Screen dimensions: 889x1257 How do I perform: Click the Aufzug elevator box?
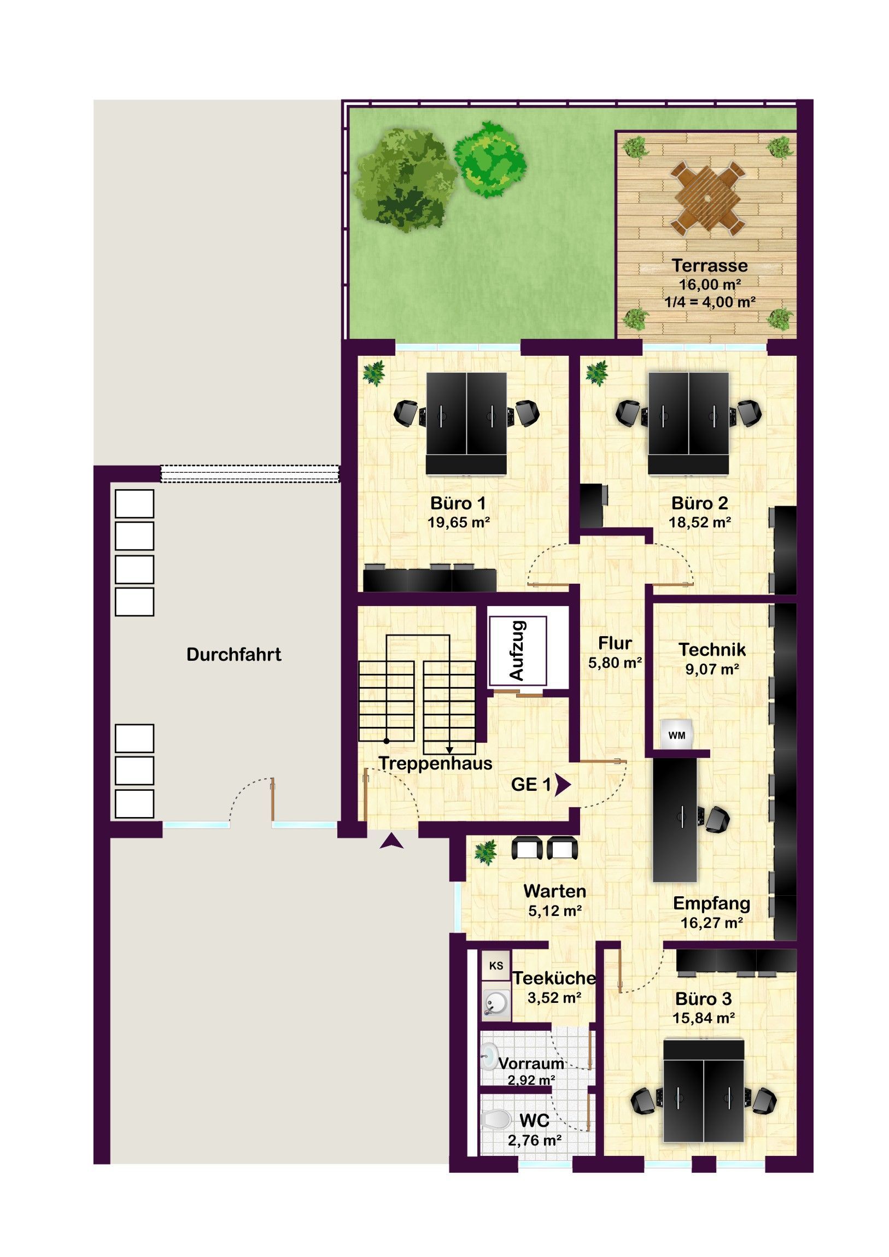coord(518,650)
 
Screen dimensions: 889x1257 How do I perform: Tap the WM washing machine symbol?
coord(676,735)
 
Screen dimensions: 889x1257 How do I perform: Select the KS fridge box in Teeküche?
coord(496,966)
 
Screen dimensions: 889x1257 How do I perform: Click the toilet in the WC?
coord(496,1120)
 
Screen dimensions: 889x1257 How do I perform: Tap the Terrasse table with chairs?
coord(707,198)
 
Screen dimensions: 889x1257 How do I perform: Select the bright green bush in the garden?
coord(490,160)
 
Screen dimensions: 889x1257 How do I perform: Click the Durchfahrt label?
coord(234,654)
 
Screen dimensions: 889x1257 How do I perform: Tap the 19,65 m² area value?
coord(459,522)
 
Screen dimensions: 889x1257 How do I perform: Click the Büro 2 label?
coord(699,503)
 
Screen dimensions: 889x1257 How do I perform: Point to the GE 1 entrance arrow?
coord(563,784)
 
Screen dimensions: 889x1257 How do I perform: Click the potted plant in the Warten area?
coord(486,853)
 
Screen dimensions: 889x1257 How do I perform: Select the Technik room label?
coord(712,649)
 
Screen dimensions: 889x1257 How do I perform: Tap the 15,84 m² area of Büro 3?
coord(703,1018)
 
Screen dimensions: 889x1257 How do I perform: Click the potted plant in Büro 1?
coord(374,373)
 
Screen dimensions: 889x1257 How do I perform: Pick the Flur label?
coord(615,643)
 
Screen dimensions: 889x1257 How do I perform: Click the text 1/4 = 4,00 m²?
coord(710,302)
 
